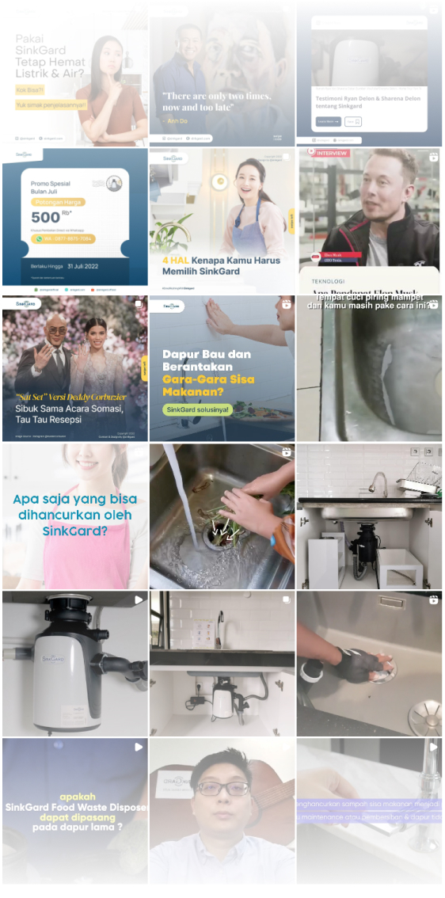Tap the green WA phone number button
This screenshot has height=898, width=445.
(x=63, y=238)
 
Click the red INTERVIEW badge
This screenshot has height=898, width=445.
(x=332, y=153)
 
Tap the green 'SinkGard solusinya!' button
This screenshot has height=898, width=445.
(x=196, y=409)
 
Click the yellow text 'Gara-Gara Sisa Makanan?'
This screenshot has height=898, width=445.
(x=208, y=379)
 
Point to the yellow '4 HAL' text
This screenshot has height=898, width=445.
(x=177, y=259)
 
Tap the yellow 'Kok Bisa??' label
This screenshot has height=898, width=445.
(x=28, y=89)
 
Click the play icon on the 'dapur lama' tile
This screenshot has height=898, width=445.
(x=139, y=747)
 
